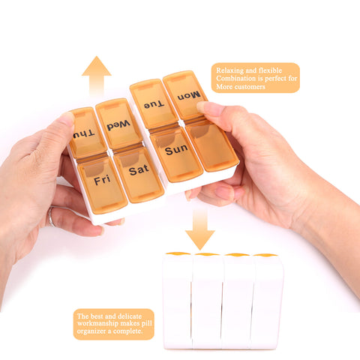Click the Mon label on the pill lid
point(189,96)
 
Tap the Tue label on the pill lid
point(154,105)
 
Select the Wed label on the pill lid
point(118,125)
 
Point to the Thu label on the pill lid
point(84,134)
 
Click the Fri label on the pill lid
point(102,180)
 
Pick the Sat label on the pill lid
point(139,170)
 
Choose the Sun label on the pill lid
point(176,149)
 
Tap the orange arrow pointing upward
point(97,76)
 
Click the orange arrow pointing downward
point(199,230)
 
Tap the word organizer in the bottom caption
point(91,331)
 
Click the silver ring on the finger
point(51,217)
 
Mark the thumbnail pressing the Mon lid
point(205,107)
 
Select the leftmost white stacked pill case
point(177,301)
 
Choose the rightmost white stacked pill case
point(267,301)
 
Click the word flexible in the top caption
point(270,70)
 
